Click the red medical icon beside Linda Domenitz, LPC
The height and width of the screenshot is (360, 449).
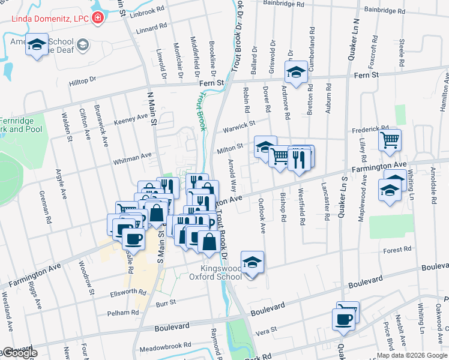[98, 19]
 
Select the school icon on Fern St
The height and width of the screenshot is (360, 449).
[295, 72]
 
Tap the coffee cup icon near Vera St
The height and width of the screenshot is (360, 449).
[343, 319]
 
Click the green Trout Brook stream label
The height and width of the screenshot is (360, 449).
[201, 112]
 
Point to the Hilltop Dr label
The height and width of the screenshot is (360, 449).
[82, 81]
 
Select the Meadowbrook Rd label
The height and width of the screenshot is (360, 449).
[164, 346]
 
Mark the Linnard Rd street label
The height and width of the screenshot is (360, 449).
[151, 28]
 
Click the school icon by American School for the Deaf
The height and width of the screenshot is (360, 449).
[37, 47]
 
